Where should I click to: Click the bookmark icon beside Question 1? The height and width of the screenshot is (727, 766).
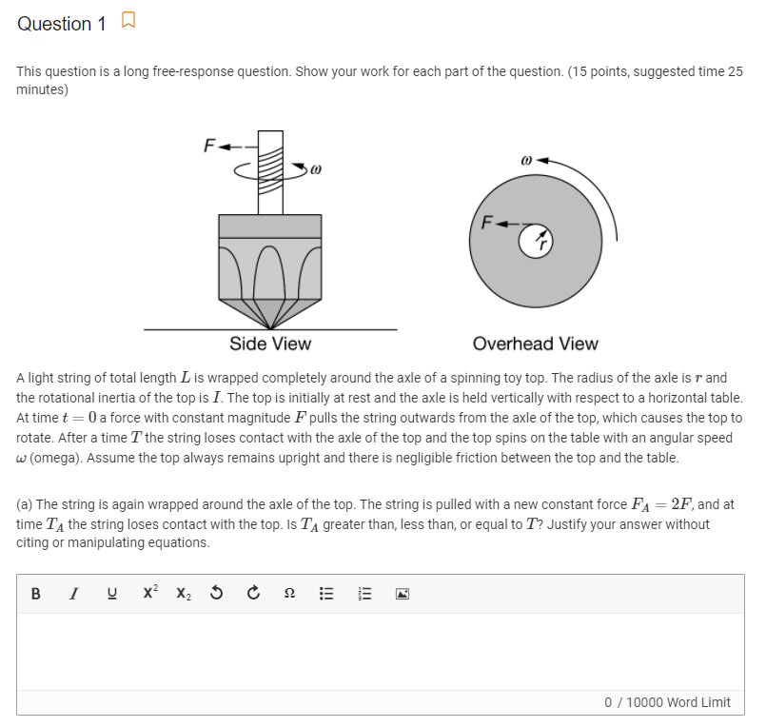128,21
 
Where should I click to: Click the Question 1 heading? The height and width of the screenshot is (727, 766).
61,24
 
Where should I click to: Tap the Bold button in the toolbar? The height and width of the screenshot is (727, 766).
35,593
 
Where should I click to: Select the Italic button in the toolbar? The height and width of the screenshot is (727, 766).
73,593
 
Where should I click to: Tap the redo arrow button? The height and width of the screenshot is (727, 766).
252,593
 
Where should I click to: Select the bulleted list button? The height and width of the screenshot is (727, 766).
325,593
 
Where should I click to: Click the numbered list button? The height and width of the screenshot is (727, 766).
363,593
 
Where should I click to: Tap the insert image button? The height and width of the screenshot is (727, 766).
402,593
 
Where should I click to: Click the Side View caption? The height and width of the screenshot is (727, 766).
270,344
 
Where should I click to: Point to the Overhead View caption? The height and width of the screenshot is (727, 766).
535,344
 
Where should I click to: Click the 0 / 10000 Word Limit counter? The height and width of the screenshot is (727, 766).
667,702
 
